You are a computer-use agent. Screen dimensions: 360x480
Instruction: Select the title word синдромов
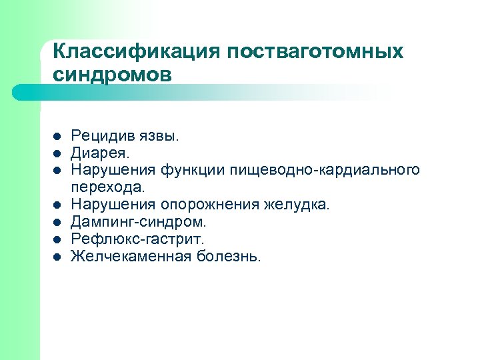pos(111,73)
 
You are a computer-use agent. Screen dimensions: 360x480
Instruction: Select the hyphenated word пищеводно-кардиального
pos(325,170)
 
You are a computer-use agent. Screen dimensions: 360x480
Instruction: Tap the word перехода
pos(107,187)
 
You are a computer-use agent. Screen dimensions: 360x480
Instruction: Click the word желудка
pos(301,204)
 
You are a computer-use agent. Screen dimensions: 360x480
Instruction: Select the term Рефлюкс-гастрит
pos(138,238)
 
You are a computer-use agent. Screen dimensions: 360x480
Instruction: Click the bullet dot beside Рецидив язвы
pos(57,137)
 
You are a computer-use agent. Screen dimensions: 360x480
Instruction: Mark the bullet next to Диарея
pos(57,153)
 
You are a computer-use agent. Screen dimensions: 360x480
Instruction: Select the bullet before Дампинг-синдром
pos(57,221)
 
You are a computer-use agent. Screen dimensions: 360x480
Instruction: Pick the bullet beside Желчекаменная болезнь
pos(57,255)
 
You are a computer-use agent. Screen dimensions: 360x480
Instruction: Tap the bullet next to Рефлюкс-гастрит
pos(57,239)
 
